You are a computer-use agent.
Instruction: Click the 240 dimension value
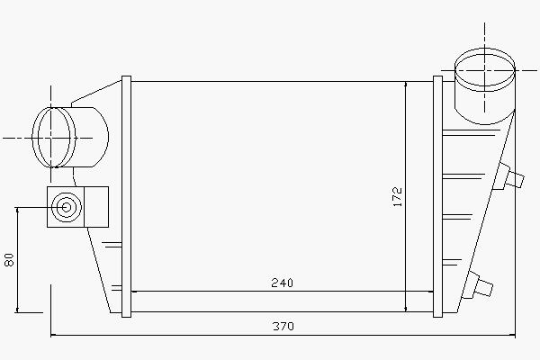click(x=282, y=283)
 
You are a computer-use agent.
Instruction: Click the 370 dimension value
click(x=283, y=326)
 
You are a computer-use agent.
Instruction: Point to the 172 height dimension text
click(x=398, y=197)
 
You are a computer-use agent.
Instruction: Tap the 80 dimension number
click(x=9, y=260)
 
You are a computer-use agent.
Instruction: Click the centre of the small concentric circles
click(x=67, y=207)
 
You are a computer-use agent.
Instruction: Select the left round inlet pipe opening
click(x=54, y=138)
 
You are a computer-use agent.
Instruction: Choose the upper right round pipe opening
click(x=485, y=70)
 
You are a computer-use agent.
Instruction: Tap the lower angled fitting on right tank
click(x=478, y=285)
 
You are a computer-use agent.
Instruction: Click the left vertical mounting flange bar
click(x=126, y=196)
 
